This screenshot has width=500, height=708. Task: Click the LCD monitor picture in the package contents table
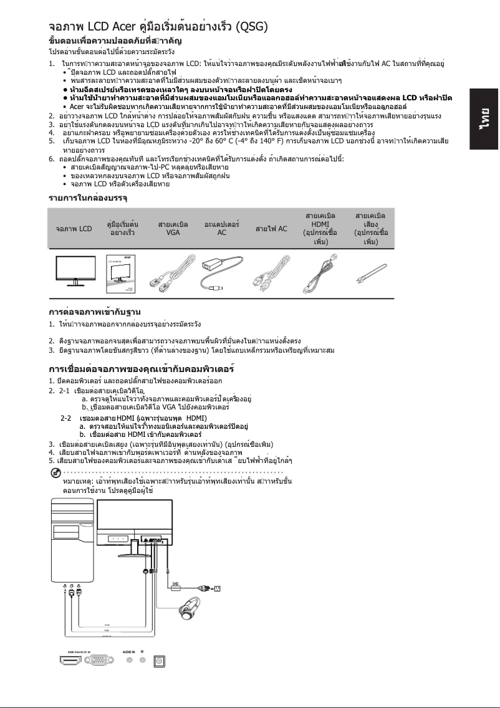(74, 272)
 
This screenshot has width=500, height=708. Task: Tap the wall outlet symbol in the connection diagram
(217, 588)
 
